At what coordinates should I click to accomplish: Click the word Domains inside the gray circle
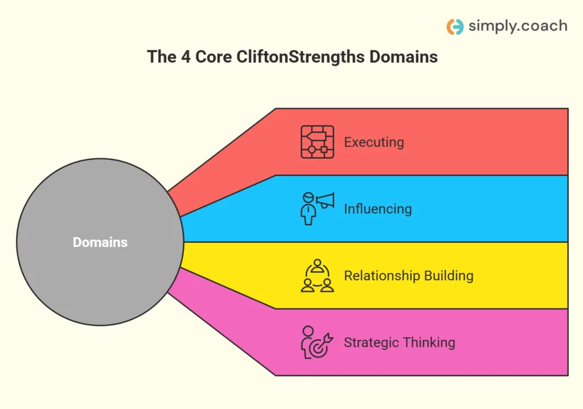coord(100,242)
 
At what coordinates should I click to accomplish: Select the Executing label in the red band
coord(373,142)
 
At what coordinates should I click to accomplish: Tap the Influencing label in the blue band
coord(377,209)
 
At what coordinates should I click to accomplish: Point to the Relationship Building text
coord(408,276)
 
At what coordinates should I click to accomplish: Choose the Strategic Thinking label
coord(399,342)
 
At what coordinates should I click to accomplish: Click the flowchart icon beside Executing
coord(317,142)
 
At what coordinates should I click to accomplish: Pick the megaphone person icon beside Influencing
coord(317,208)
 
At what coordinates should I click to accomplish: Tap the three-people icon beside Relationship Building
coord(317,276)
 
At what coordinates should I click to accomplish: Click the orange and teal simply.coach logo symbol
coord(455,27)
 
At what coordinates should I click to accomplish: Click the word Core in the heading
coord(212,57)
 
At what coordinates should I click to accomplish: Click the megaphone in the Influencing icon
coord(326,200)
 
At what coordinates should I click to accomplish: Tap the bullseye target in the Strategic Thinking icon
coord(319,349)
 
